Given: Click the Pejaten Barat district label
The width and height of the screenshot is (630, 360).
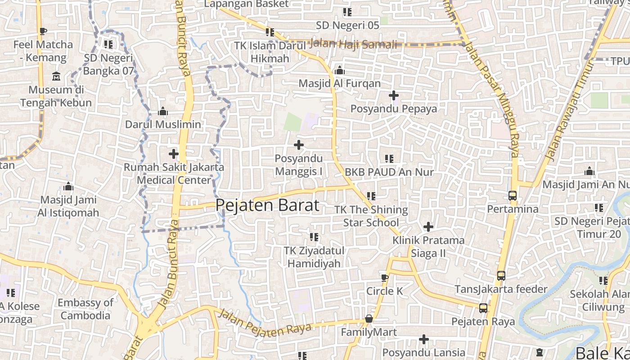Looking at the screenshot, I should (x=267, y=205).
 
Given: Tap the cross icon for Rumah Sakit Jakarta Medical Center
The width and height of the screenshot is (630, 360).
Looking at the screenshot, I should (x=173, y=154).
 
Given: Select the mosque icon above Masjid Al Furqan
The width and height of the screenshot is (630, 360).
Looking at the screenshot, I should (x=340, y=70).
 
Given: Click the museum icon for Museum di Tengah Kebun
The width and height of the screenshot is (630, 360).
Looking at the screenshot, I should (x=56, y=76).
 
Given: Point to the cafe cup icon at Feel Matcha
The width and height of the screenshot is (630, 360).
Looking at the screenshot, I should (x=43, y=31).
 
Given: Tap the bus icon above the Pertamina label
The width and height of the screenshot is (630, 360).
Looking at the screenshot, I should (x=512, y=196).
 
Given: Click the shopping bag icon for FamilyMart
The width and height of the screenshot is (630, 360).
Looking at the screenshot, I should (x=369, y=319).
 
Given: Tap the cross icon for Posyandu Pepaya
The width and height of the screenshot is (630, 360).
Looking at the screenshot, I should (x=394, y=95).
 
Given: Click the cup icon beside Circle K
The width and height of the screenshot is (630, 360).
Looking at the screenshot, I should (x=384, y=278).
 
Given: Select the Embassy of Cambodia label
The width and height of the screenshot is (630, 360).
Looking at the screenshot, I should (x=85, y=309).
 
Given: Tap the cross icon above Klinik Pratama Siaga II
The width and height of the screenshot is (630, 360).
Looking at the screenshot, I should (x=428, y=226).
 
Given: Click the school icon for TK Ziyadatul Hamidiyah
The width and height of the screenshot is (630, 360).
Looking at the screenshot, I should (x=314, y=237).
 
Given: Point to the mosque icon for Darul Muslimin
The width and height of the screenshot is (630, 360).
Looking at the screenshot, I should (x=163, y=111).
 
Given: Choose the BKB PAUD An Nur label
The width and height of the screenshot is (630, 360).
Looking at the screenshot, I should (x=389, y=172).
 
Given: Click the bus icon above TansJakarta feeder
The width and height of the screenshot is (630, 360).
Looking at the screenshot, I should (x=501, y=276).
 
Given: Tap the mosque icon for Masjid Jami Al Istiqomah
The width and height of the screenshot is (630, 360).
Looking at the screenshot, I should (x=68, y=186).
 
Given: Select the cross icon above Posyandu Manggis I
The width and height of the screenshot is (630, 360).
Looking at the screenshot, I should (x=298, y=145).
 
